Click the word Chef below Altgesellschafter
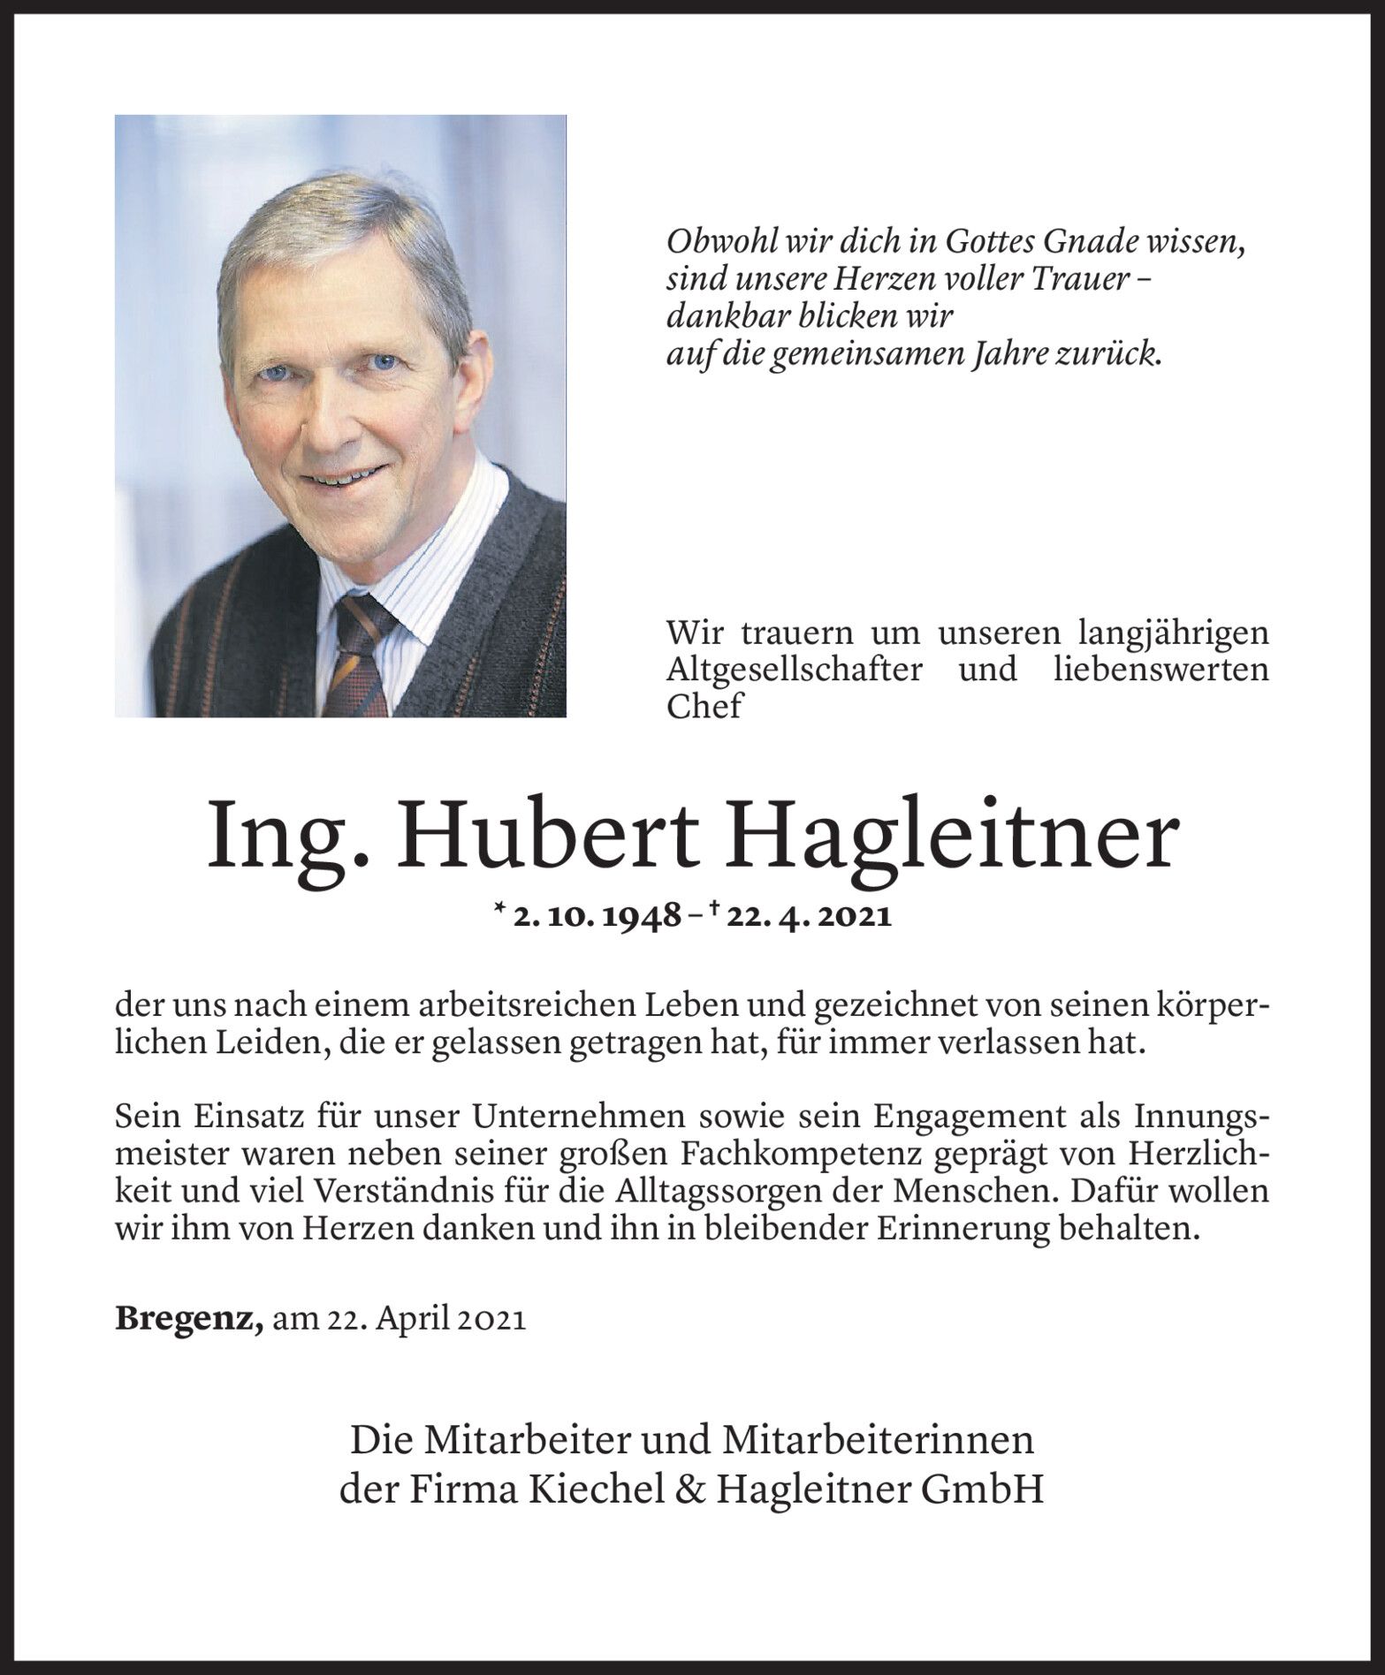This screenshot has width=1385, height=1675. click(704, 706)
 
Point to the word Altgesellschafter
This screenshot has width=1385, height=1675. click(793, 669)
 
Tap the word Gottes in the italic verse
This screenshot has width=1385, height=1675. click(995, 242)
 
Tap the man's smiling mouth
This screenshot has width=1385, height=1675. click(339, 478)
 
